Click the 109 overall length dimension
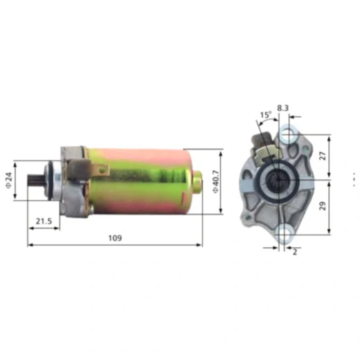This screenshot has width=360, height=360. click(115, 238)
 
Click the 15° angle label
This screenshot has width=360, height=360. click(265, 115)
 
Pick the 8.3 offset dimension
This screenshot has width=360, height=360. click(282, 109)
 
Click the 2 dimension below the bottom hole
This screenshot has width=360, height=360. click(295, 252)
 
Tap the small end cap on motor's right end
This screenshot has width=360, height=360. click(198, 181)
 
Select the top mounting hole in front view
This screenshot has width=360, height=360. click(289, 133)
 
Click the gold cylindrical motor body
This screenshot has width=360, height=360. click(145, 180)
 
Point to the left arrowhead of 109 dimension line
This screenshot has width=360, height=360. click(30, 245)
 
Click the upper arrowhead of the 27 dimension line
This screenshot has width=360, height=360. click(327, 136)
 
